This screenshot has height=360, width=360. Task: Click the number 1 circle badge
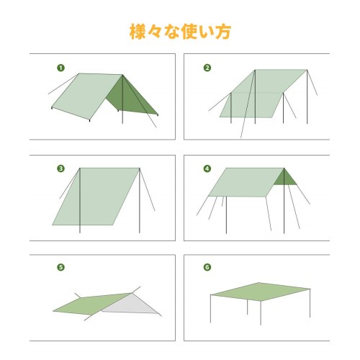61,68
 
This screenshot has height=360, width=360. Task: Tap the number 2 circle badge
207,68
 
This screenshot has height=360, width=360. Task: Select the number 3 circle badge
61,168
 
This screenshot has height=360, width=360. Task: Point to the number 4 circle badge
207,168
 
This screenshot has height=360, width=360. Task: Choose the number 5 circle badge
61,267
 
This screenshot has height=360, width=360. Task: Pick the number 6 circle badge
207,267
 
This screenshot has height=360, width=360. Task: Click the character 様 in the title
138,32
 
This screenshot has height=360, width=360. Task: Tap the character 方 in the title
223,32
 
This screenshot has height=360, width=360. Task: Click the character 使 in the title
189,32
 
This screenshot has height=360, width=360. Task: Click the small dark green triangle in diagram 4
285,178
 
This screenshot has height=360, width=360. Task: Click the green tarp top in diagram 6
261,292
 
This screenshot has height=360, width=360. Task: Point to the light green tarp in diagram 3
96,197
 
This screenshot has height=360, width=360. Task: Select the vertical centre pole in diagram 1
122,99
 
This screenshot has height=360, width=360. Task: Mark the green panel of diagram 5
91,305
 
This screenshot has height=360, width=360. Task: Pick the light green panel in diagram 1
88,96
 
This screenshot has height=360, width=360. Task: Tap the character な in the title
172,32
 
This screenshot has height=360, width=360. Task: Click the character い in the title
207,32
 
